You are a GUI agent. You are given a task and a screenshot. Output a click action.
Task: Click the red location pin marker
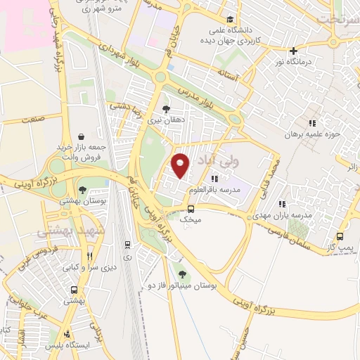pyautogui.click(x=181, y=165)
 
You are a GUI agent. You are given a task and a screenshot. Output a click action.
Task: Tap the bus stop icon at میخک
pyautogui.click(x=191, y=209)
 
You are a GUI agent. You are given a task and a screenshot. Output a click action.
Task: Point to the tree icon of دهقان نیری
pyautogui.click(x=165, y=109)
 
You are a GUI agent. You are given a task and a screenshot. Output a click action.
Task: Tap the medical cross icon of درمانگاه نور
pyautogui.click(x=293, y=51)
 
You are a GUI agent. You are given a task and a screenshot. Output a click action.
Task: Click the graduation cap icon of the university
pyautogui.click(x=231, y=20)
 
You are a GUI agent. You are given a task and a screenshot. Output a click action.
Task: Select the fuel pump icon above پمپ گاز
pyautogui.click(x=340, y=236)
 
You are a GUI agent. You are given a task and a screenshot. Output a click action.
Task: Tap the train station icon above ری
pyautogui.click(x=127, y=245)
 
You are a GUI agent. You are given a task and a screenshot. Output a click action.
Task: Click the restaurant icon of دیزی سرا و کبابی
pyautogui.click(x=89, y=257)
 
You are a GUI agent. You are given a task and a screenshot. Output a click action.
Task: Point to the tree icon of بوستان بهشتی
pyautogui.click(x=82, y=191)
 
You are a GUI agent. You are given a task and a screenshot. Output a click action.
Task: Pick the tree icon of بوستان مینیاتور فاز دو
pyautogui.click(x=183, y=274)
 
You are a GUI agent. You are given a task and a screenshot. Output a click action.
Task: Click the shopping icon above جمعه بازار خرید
pyautogui.click(x=82, y=136)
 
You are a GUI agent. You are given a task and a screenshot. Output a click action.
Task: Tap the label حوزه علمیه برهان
pyautogui.click(x=312, y=134)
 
